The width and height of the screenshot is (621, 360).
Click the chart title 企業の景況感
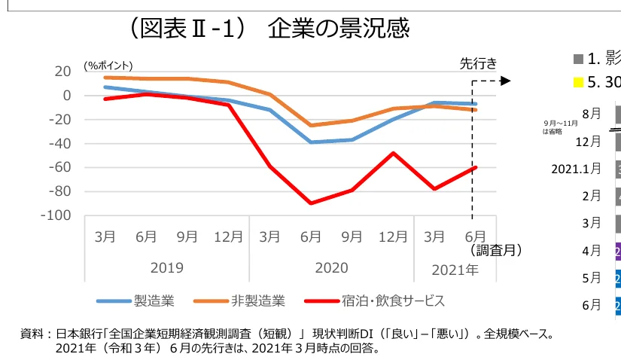(339, 29)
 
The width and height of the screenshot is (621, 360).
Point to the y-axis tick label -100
(56, 215)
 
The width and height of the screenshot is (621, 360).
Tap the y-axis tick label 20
(62, 72)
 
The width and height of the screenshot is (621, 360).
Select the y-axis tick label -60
(59, 167)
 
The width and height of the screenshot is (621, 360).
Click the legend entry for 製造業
(135, 301)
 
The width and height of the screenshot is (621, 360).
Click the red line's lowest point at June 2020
(311, 203)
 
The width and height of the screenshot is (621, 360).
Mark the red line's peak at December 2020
(393, 153)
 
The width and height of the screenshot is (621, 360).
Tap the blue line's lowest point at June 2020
(311, 142)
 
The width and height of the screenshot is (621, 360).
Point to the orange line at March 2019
(105, 78)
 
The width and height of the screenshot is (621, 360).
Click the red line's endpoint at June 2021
(475, 167)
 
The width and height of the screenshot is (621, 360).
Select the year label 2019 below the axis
(166, 267)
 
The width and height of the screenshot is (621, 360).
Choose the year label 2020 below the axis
(331, 267)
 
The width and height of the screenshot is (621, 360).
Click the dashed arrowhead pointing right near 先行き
(506, 81)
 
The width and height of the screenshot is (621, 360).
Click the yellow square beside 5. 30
(579, 81)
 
